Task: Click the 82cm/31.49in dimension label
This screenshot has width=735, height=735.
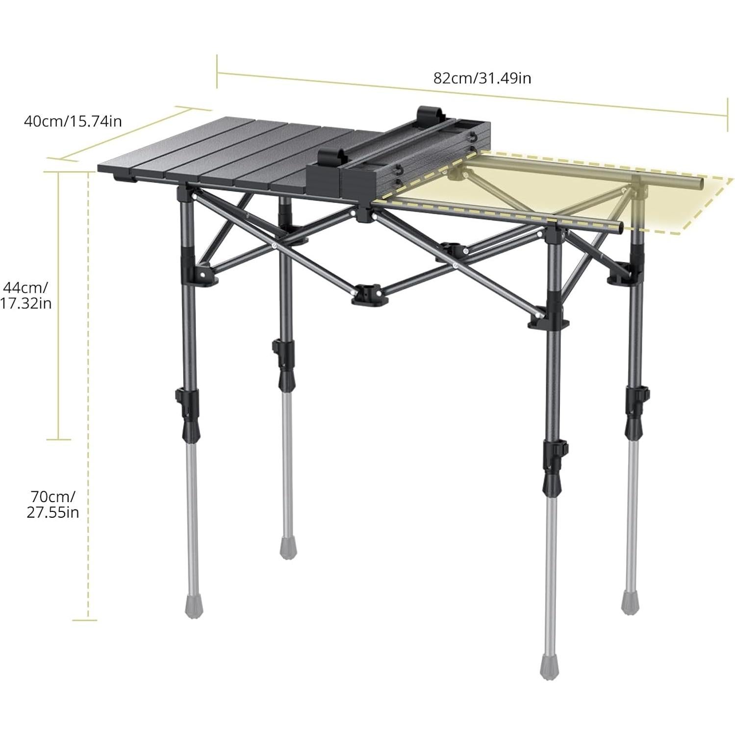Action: [482, 78]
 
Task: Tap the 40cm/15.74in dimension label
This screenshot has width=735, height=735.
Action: [73, 121]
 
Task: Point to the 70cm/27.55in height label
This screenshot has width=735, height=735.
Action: [52, 504]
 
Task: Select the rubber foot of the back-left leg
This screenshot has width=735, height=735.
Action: [286, 548]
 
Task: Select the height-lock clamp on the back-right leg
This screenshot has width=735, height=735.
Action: [636, 396]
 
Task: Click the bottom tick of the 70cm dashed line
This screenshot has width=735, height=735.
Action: [84, 620]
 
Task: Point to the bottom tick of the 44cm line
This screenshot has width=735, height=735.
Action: [58, 439]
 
